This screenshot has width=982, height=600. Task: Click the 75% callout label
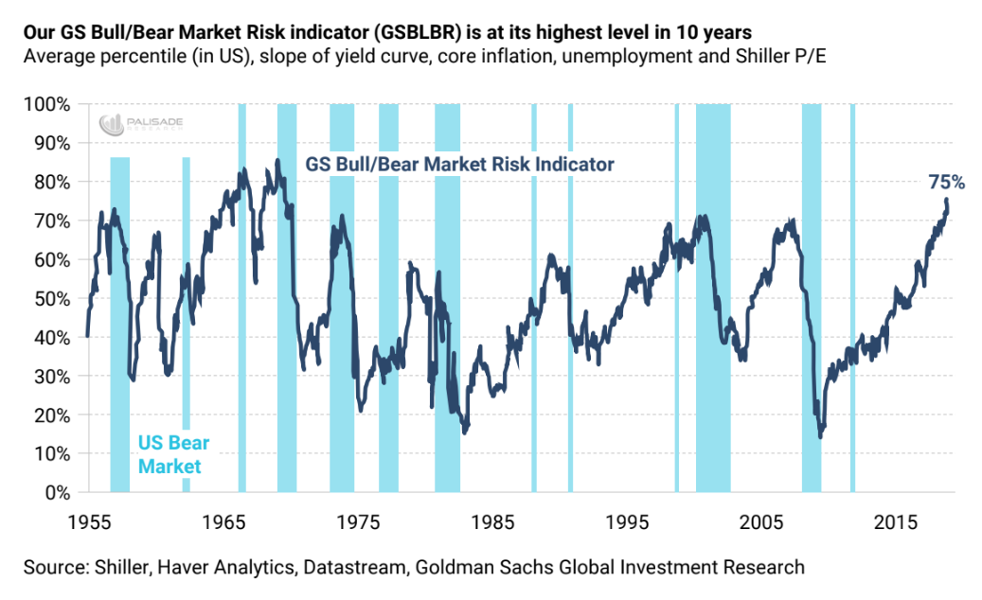946,182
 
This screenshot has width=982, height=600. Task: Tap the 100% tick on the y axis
47,103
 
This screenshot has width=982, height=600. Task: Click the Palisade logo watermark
127,122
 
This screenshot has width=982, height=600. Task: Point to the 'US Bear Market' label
173,454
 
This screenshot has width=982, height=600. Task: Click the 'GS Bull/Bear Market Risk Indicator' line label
459,164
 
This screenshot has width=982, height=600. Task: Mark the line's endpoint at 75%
946,200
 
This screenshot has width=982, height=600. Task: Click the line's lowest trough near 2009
820,436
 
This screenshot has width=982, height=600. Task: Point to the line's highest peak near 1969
277,160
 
